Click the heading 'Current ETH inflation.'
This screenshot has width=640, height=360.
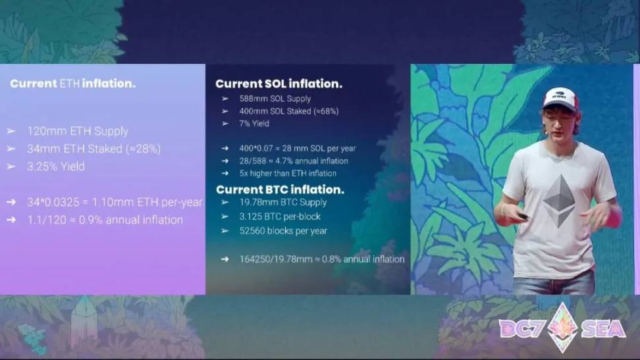pos(72,84)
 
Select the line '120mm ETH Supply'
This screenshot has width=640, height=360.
pos(78,131)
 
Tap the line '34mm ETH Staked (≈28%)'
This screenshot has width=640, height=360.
pos(94,149)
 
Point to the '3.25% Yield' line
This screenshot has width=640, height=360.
pos(56,167)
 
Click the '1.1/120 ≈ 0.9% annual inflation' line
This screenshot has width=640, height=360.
pos(105,220)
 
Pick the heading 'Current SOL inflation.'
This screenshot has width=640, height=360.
pos(279,84)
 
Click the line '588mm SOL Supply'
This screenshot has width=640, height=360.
pos(275,99)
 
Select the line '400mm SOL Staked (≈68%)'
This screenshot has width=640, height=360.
pos(289,111)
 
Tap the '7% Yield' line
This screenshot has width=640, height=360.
pos(254,124)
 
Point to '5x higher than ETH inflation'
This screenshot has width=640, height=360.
pos(288,174)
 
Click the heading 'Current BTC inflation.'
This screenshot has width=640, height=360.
pos(280,190)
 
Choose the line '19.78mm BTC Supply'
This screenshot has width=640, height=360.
pos(283,203)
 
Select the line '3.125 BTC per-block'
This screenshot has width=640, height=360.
pos(280,217)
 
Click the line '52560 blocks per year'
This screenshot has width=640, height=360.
pos(283,231)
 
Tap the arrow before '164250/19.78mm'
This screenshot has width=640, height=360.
pos(225,259)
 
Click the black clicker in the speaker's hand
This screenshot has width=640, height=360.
pos(522,217)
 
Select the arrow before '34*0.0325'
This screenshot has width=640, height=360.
pos(11,202)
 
